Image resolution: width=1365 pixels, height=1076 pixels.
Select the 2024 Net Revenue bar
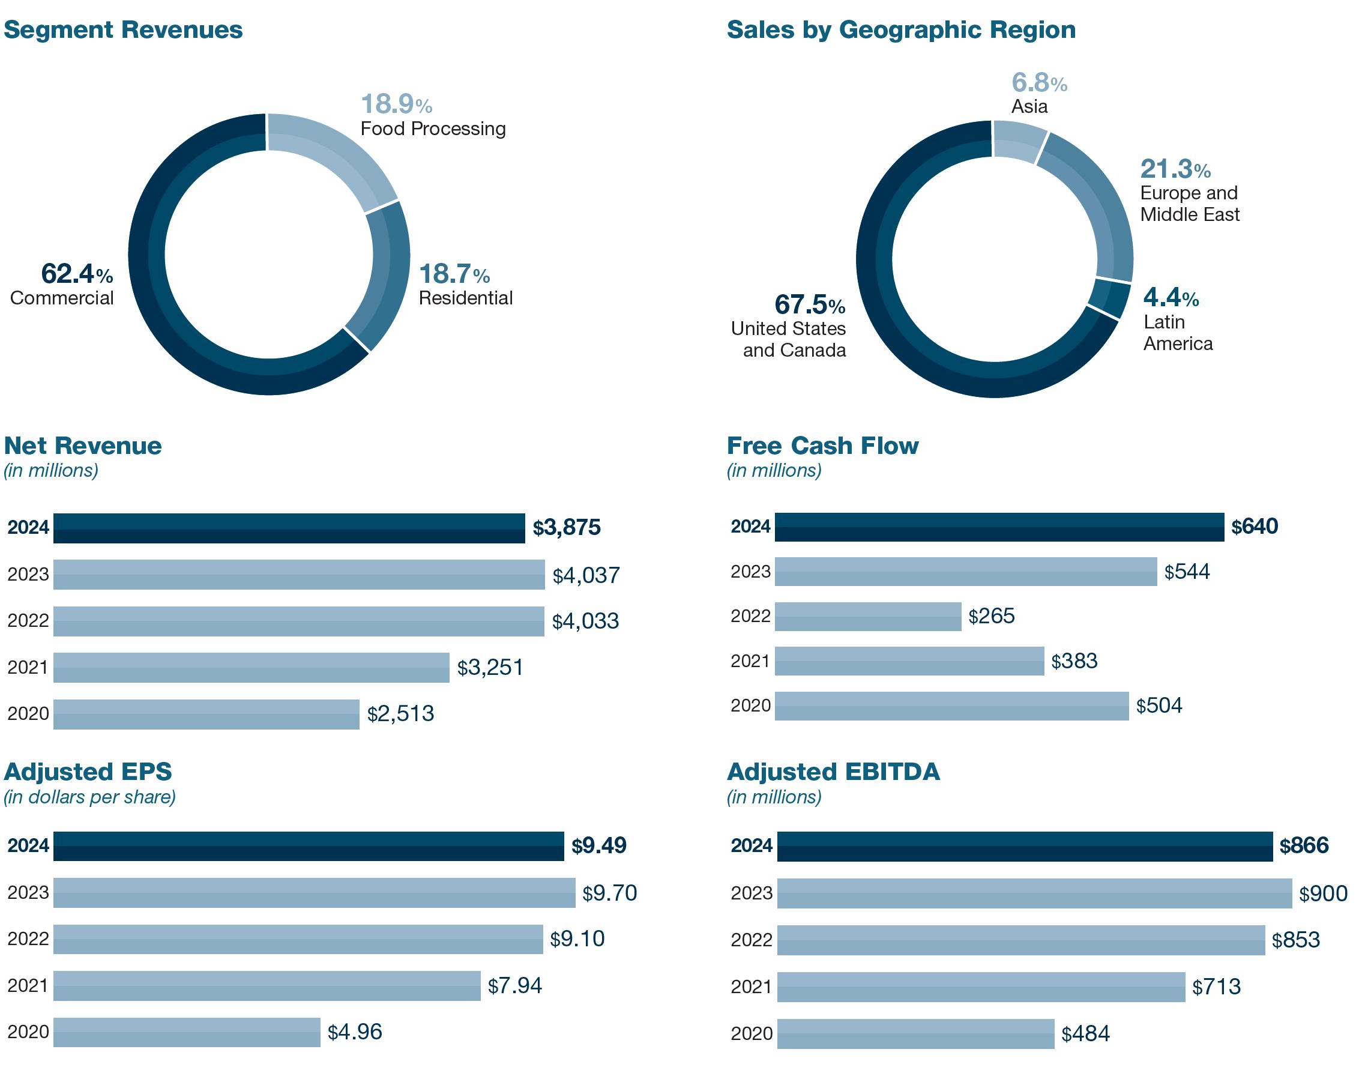pyautogui.click(x=289, y=528)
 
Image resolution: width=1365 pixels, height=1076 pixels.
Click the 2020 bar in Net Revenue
pyautogui.click(x=206, y=714)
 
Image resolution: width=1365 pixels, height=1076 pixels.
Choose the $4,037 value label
pyautogui.click(x=586, y=575)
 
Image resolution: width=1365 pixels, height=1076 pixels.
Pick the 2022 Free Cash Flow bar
pyautogui.click(x=867, y=616)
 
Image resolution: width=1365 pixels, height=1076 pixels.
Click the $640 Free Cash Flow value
pyautogui.click(x=1254, y=527)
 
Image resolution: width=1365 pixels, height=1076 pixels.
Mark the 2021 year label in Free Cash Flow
pyautogui.click(x=750, y=661)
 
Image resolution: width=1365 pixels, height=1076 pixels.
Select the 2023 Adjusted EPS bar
pyautogui.click(x=314, y=892)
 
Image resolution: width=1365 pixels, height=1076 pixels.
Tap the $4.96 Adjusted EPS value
pyautogui.click(x=355, y=1032)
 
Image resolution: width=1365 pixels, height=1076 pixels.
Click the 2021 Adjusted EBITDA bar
pyautogui.click(x=981, y=987)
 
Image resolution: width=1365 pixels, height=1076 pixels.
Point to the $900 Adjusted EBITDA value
pyautogui.click(x=1324, y=893)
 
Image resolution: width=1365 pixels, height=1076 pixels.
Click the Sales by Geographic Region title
pyautogui.click(x=901, y=29)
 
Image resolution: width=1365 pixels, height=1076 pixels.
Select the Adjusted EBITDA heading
pyautogui.click(x=833, y=772)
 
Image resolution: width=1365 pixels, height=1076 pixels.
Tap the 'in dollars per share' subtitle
pyautogui.click(x=89, y=797)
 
